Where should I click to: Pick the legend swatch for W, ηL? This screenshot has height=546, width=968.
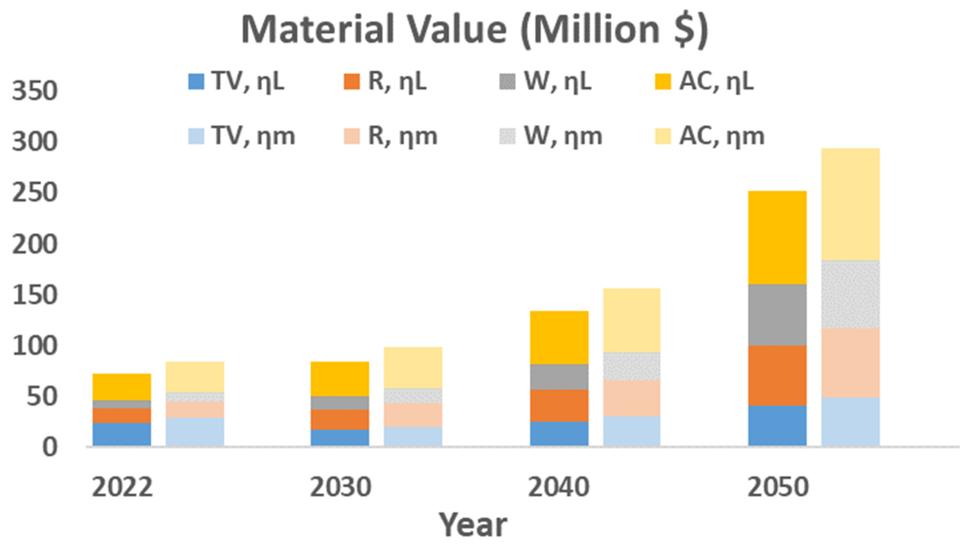[507, 82]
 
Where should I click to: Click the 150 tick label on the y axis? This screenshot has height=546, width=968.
[35, 295]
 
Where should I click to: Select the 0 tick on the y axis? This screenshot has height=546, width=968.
[50, 447]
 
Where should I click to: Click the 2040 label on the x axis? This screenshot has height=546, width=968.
[559, 487]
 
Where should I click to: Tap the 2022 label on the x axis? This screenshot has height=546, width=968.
[122, 487]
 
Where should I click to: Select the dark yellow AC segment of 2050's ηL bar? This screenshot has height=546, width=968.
[777, 238]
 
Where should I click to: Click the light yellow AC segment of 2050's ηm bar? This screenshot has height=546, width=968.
[850, 204]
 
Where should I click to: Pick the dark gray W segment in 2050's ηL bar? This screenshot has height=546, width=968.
[777, 315]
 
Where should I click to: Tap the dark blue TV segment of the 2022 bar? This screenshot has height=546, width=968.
[122, 434]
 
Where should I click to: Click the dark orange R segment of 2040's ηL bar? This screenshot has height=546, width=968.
[559, 405]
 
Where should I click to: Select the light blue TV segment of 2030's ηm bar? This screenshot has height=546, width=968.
[413, 436]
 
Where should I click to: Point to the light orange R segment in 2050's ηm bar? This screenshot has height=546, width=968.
[850, 363]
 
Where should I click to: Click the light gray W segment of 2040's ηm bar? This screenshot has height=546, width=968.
[632, 366]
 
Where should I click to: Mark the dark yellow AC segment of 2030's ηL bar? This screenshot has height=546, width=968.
[340, 379]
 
